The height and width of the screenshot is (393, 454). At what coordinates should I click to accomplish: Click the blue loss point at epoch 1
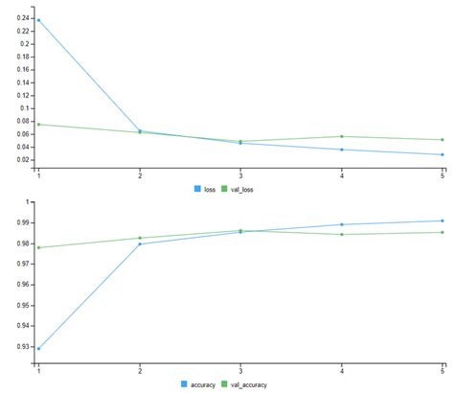[x=38, y=20]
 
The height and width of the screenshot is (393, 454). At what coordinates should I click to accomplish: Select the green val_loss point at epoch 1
[x=38, y=125]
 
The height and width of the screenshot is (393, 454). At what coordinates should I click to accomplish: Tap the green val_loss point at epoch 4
[x=341, y=136]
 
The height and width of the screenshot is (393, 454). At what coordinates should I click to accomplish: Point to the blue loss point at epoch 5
[x=442, y=154]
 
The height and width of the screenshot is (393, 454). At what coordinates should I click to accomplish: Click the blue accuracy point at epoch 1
[x=38, y=348]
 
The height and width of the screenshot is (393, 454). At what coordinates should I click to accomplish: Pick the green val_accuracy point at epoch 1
[x=38, y=247]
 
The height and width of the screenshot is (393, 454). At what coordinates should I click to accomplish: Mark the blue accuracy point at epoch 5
[x=442, y=220]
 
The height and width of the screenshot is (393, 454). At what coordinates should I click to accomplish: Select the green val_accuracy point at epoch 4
[x=341, y=234]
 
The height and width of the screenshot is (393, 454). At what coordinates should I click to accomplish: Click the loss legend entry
[x=203, y=189]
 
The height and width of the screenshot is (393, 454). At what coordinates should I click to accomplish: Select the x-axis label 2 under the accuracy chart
[x=140, y=370]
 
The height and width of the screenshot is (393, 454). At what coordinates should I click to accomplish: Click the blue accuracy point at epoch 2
[x=140, y=243]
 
